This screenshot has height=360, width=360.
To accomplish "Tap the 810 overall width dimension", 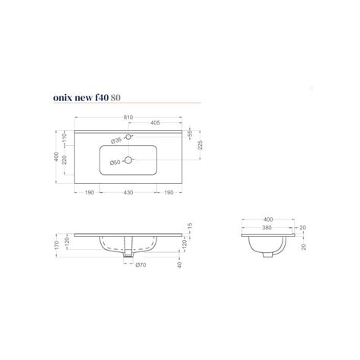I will (128, 118).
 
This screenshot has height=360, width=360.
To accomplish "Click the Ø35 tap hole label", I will (116, 139).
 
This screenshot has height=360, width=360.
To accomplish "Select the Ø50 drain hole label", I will (116, 161).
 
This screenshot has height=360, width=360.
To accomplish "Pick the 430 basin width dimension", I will (129, 193).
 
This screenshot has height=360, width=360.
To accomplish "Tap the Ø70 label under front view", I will (141, 265).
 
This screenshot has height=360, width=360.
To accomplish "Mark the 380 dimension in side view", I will (266, 227).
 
